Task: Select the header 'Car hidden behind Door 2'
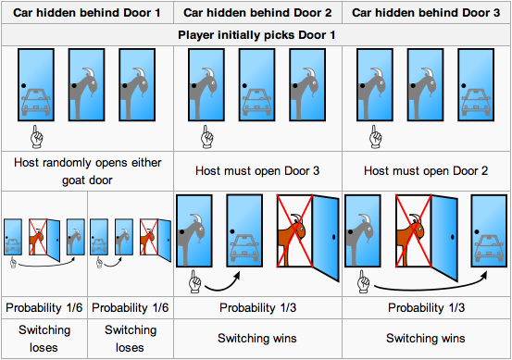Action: click(x=258, y=12)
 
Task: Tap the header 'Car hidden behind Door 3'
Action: click(x=427, y=12)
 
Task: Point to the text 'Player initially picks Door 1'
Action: click(x=256, y=35)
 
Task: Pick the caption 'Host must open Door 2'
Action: click(x=427, y=171)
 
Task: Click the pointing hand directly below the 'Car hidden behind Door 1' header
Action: click(x=36, y=137)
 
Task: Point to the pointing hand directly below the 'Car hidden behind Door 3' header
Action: click(x=375, y=137)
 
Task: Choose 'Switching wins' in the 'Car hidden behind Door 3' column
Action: click(x=427, y=339)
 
